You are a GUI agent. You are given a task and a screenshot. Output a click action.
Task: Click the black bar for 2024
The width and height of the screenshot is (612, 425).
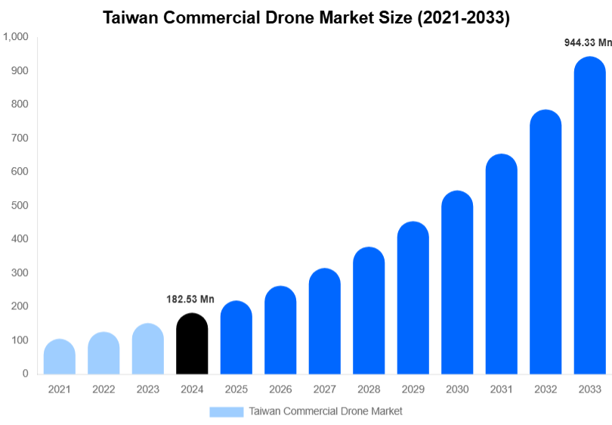(x=192, y=344)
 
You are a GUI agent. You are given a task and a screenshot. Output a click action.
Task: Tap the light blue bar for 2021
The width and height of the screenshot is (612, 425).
(x=60, y=357)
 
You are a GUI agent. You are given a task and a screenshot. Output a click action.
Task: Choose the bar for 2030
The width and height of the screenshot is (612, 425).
(x=457, y=283)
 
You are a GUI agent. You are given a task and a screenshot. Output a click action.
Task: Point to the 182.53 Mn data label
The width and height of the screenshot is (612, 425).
(x=190, y=299)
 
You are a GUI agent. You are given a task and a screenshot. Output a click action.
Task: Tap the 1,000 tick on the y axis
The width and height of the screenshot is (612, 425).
(x=16, y=37)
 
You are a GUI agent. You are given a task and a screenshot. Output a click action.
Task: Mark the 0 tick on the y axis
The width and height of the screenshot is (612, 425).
(x=25, y=374)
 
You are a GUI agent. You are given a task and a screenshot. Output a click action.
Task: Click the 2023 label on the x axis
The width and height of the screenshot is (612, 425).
(x=147, y=389)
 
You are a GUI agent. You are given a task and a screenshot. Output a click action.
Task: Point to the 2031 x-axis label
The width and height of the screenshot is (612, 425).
(x=501, y=389)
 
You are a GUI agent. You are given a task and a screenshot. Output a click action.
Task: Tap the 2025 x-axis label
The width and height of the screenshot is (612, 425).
(x=236, y=389)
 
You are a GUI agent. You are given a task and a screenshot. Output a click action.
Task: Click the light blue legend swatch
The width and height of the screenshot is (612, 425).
(x=227, y=411)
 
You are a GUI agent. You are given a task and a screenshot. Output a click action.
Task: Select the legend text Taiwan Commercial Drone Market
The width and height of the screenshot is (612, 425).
(x=326, y=411)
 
